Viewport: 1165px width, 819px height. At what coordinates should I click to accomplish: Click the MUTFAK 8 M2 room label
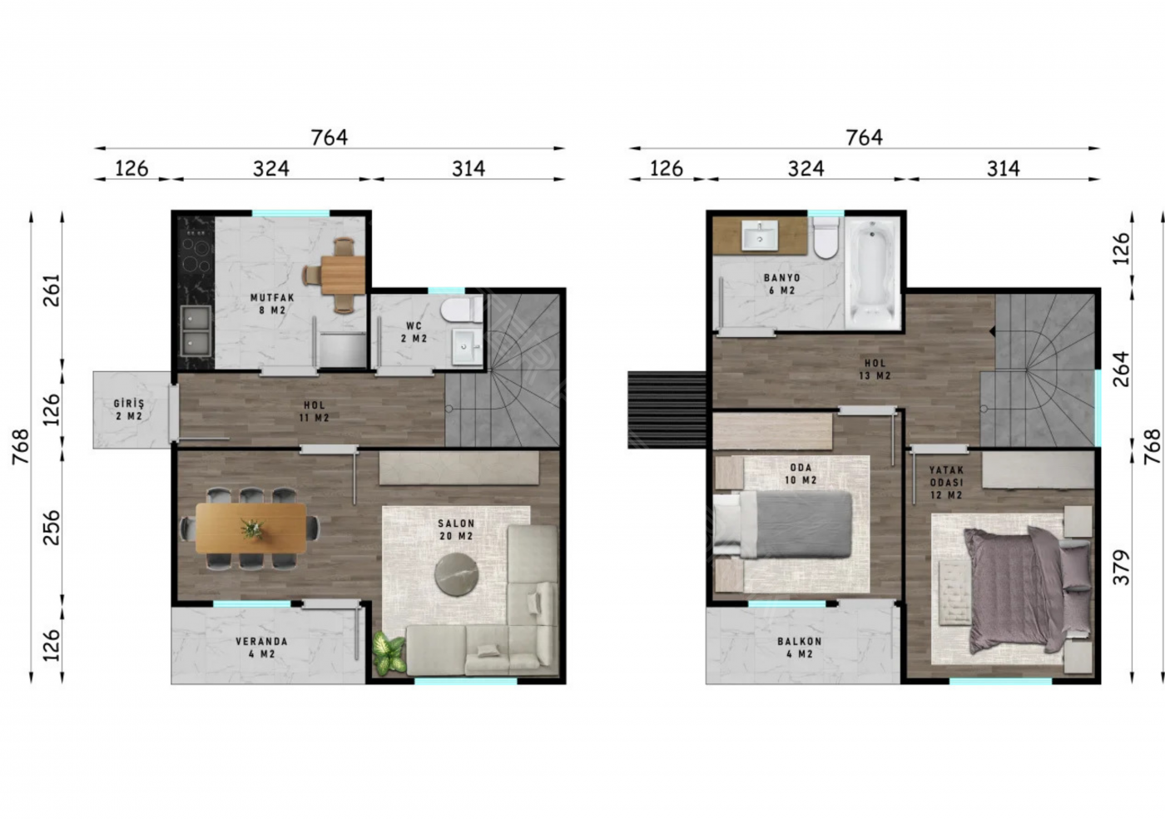tap(272, 304)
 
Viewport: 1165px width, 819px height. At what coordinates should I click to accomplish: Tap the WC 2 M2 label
tap(414, 332)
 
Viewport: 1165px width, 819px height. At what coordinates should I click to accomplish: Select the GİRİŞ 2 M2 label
tap(129, 409)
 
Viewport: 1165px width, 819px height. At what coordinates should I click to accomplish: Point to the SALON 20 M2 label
tap(456, 529)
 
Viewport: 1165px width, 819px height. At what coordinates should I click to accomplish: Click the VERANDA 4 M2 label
tap(261, 648)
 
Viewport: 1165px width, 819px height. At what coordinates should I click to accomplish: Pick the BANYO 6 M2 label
tap(781, 284)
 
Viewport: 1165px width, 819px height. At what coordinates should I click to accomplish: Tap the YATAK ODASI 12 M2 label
tap(947, 483)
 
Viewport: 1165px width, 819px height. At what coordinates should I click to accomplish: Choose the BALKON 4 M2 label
tap(800, 648)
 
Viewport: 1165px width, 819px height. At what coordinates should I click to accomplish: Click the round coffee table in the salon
tap(457, 574)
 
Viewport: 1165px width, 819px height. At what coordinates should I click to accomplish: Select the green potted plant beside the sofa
tap(389, 653)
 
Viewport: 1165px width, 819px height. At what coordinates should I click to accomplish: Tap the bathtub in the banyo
tap(873, 274)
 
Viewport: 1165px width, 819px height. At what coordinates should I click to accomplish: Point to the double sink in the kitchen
tap(196, 330)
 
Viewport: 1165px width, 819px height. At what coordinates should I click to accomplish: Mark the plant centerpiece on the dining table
tap(252, 529)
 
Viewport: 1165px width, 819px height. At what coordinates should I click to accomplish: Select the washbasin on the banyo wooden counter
tap(759, 236)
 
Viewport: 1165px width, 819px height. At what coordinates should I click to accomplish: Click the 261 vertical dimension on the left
tap(52, 290)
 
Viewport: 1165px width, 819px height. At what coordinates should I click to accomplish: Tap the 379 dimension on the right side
tap(1122, 568)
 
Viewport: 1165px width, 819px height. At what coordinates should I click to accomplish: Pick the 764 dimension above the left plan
tap(330, 137)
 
